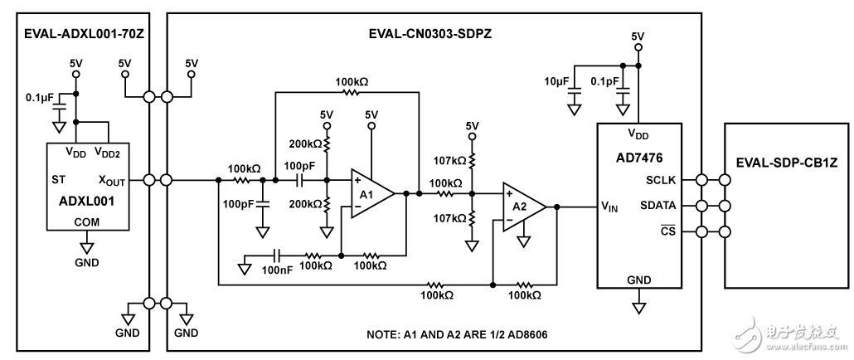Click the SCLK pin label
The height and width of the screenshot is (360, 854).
[x=661, y=181]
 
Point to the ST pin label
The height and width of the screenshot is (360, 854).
[x=60, y=178]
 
